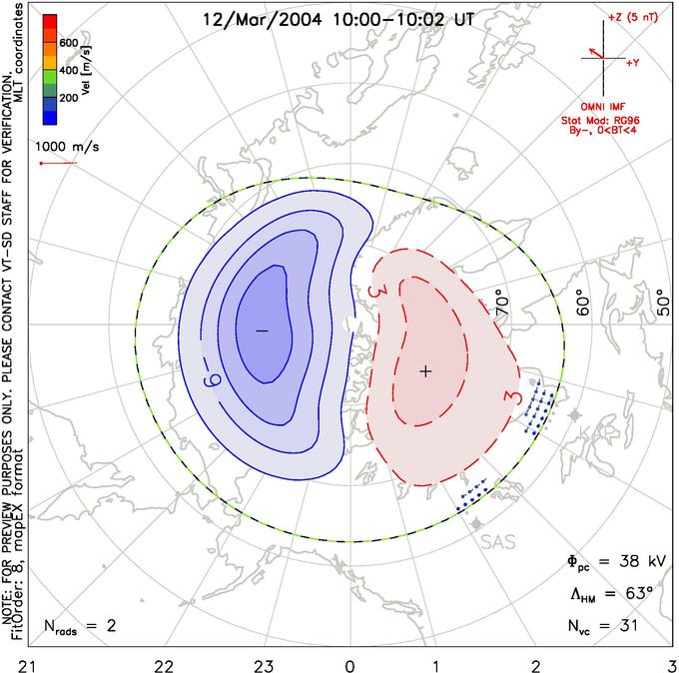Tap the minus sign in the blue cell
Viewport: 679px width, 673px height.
(262, 330)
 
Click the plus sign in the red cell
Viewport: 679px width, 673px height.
(425, 370)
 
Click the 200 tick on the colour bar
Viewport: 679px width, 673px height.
(68, 98)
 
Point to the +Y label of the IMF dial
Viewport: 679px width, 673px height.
(633, 63)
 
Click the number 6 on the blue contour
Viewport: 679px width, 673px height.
(213, 379)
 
